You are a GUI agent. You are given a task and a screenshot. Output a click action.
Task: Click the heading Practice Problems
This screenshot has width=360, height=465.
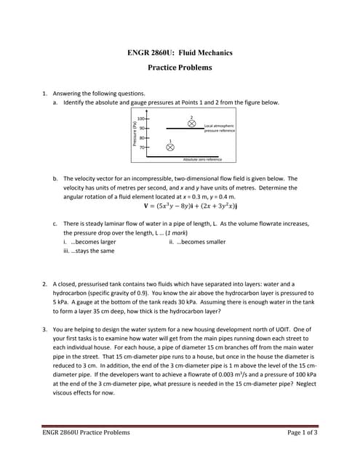180,68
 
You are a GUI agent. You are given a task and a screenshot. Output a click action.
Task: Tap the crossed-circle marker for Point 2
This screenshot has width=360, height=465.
192,124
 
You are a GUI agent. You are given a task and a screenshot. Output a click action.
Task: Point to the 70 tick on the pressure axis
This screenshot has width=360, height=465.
142,147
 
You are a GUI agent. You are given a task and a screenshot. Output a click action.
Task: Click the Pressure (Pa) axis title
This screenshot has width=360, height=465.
135,136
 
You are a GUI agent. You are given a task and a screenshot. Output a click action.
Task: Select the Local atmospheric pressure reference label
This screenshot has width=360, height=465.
219,128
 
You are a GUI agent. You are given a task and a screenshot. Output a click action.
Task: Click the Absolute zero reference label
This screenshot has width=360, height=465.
202,159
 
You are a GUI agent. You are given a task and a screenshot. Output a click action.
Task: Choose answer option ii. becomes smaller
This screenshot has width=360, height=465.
196,241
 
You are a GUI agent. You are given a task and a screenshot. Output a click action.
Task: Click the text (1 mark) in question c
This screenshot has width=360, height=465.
173,232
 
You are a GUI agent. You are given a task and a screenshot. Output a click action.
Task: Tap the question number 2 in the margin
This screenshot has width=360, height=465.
44,284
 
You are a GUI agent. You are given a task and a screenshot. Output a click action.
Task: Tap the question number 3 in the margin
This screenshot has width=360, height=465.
44,329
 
